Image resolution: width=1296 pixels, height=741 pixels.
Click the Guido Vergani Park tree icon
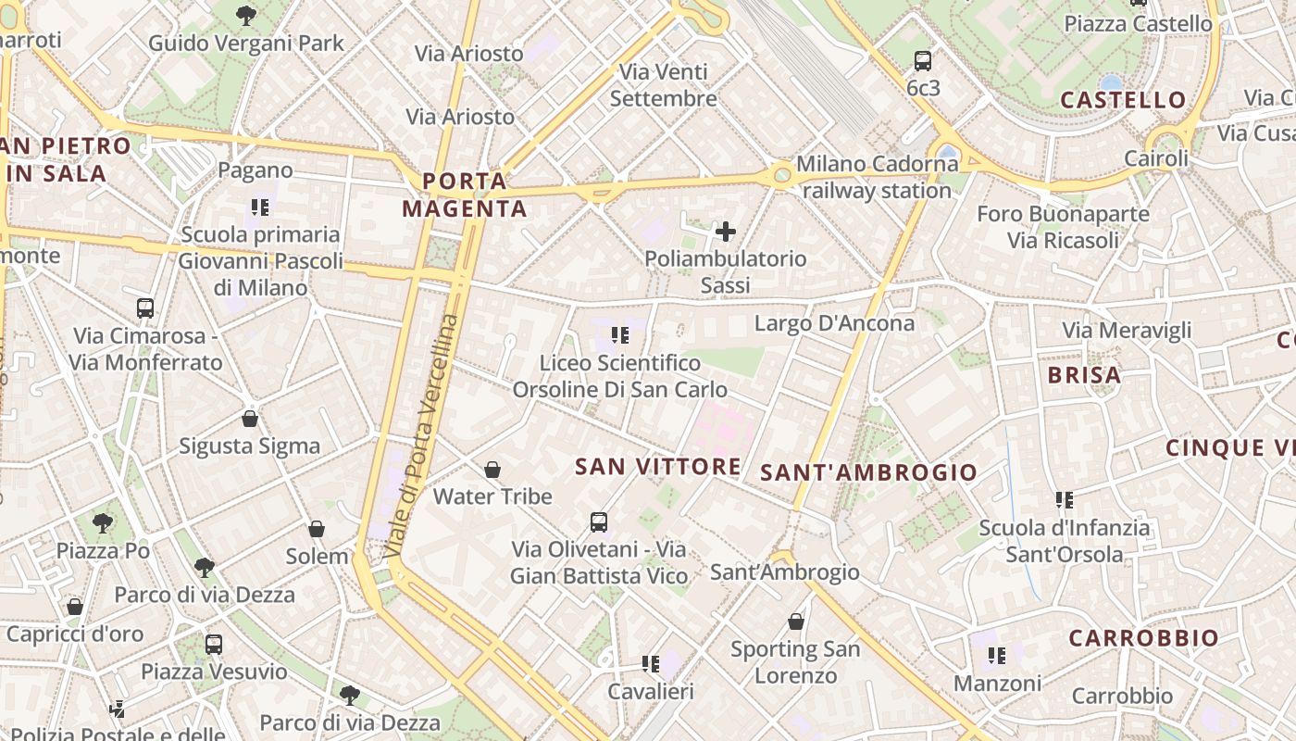click(x=246, y=15)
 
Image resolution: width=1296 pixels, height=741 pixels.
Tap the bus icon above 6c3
click(x=923, y=61)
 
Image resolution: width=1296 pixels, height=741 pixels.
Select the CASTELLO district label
click(x=1123, y=100)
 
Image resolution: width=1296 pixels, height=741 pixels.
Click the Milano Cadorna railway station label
click(x=877, y=178)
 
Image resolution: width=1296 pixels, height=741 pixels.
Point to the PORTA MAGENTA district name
click(x=465, y=195)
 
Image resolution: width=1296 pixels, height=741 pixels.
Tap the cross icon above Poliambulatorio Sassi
click(x=726, y=232)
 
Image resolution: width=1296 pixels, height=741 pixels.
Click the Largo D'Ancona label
click(x=834, y=323)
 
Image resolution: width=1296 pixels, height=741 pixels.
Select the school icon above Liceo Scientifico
click(x=620, y=334)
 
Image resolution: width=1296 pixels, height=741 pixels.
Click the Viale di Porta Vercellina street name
click(x=423, y=435)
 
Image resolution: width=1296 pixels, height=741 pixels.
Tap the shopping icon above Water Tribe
click(x=492, y=470)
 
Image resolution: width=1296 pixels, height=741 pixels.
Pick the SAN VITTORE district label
click(x=658, y=467)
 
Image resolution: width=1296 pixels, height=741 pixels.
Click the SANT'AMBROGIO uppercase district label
click(x=868, y=472)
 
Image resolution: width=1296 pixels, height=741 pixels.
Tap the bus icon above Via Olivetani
click(x=599, y=522)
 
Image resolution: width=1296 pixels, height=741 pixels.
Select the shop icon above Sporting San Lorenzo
click(x=796, y=622)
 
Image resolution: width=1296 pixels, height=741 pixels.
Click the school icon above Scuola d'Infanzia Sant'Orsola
click(x=1065, y=500)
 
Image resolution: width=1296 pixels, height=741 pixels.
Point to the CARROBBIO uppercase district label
click(x=1144, y=638)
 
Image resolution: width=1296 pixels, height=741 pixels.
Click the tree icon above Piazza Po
click(x=103, y=523)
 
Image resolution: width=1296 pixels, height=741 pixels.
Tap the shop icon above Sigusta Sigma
click(x=250, y=419)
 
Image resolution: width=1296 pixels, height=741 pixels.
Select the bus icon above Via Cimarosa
click(x=145, y=308)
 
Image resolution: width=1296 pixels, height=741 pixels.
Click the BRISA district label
click(x=1084, y=375)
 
